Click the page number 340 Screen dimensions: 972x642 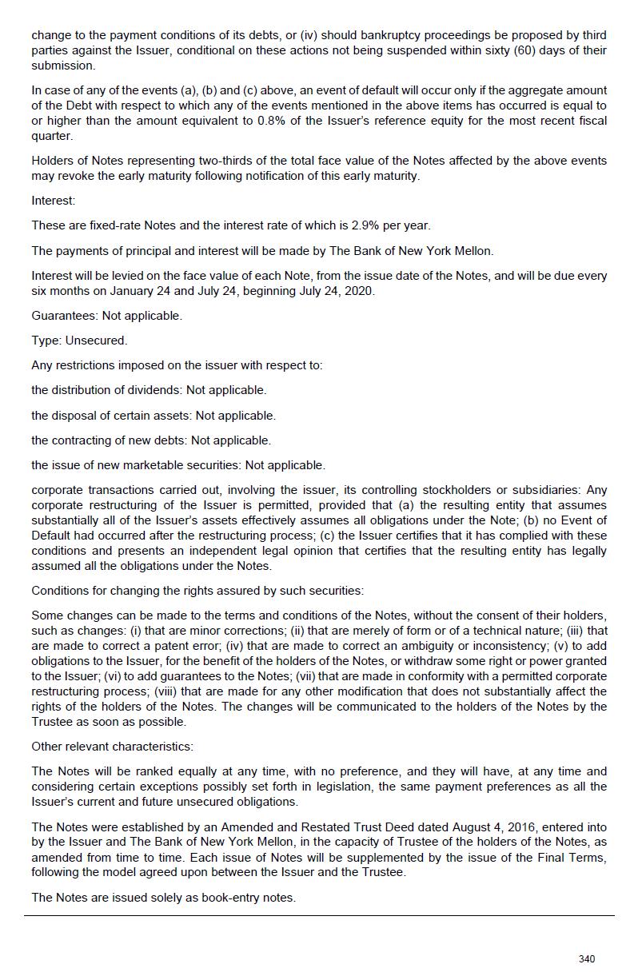(x=586, y=958)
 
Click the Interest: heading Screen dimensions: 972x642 (x=53, y=201)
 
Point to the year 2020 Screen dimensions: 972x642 (x=359, y=291)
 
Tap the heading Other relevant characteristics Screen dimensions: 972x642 (x=112, y=747)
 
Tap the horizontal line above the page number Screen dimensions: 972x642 (x=320, y=915)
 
